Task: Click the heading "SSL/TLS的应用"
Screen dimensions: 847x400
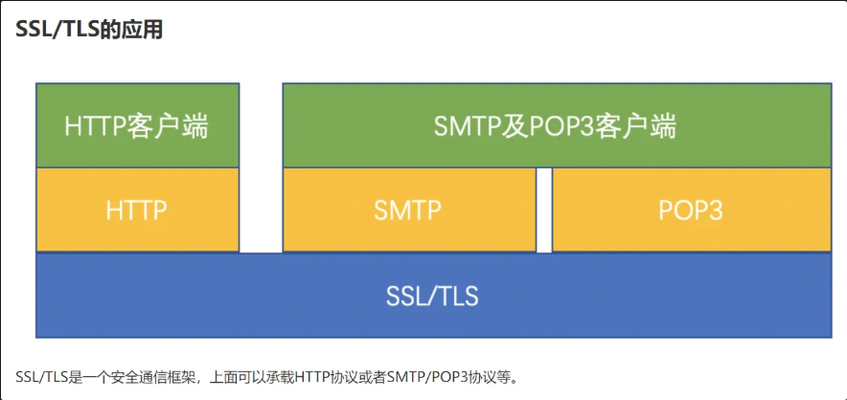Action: (x=89, y=30)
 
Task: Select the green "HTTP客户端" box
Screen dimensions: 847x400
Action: (x=137, y=125)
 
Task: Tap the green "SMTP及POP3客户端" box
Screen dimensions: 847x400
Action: (x=557, y=125)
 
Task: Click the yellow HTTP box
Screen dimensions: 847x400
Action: (x=137, y=210)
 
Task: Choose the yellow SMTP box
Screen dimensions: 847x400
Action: (x=409, y=210)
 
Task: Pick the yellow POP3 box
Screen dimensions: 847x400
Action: (x=692, y=210)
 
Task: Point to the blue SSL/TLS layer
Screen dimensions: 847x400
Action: (x=433, y=296)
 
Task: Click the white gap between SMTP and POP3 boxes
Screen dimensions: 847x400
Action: (x=544, y=210)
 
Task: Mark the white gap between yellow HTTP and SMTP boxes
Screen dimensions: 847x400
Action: (x=261, y=210)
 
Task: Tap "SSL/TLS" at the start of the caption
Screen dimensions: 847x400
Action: (x=35, y=376)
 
